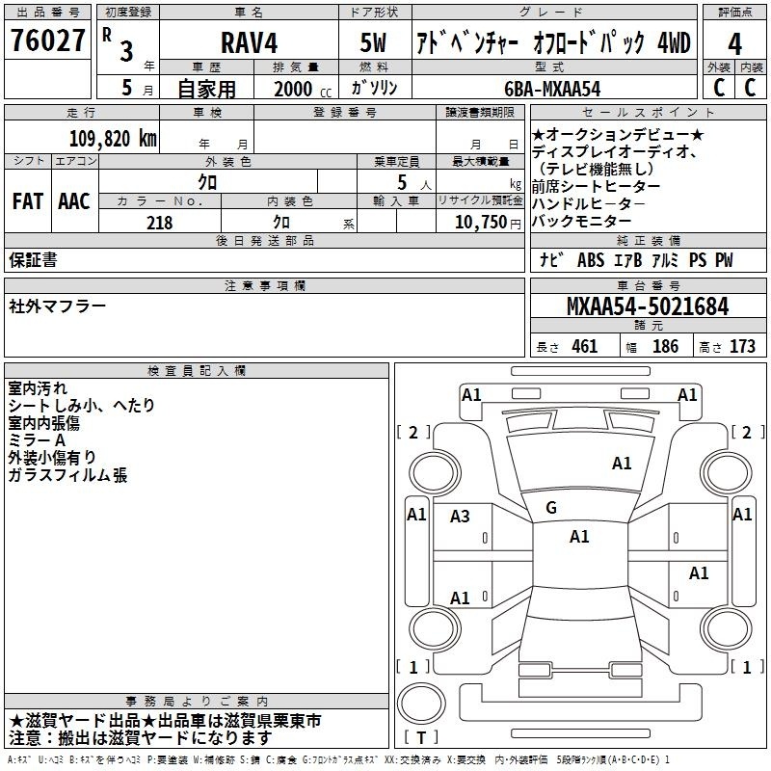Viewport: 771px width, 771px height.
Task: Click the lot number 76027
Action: pyautogui.click(x=47, y=40)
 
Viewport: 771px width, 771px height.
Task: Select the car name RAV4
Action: pyautogui.click(x=249, y=42)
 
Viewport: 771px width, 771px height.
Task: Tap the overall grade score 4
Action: pyautogui.click(x=734, y=44)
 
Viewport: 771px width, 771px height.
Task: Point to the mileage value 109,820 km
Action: pyautogui.click(x=113, y=139)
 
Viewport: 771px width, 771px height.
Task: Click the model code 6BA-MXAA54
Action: pyautogui.click(x=552, y=89)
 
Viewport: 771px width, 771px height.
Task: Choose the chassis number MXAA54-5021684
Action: pyautogui.click(x=648, y=306)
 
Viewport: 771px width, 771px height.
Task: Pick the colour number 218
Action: pyautogui.click(x=159, y=223)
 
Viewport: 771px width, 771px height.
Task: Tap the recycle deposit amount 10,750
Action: pyautogui.click(x=480, y=223)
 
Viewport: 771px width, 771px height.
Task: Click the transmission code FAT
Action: pyautogui.click(x=28, y=201)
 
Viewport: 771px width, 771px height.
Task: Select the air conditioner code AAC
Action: pyautogui.click(x=74, y=201)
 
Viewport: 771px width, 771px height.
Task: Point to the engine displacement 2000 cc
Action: pyautogui.click(x=303, y=90)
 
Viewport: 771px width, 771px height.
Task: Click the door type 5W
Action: pyautogui.click(x=373, y=42)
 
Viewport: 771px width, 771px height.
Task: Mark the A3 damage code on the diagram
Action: pyautogui.click(x=460, y=517)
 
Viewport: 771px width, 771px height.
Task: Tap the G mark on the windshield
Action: pyautogui.click(x=551, y=507)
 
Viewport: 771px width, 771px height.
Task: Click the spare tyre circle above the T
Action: pyautogui.click(x=421, y=703)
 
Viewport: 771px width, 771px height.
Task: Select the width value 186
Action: pyautogui.click(x=665, y=346)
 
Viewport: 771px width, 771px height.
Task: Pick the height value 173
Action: pyautogui.click(x=742, y=346)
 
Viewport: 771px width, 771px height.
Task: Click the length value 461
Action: pyautogui.click(x=585, y=346)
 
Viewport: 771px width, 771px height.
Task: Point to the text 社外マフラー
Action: pyautogui.click(x=57, y=306)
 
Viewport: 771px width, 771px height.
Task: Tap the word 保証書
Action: pyautogui.click(x=33, y=260)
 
